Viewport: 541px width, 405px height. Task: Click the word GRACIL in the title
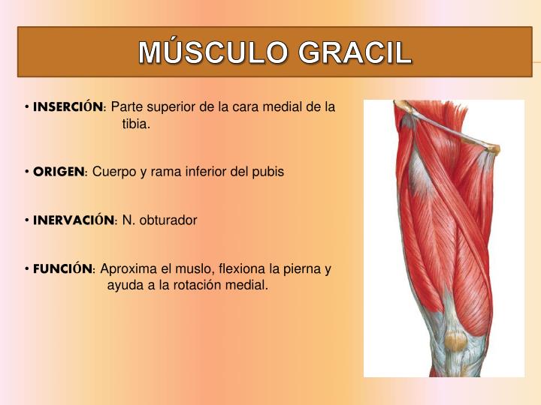click(x=355, y=52)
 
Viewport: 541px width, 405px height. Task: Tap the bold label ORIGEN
click(x=59, y=172)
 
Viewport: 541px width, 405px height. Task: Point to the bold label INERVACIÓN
click(x=74, y=220)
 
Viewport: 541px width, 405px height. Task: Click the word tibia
click(x=136, y=124)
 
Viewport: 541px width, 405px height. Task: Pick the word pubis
click(x=268, y=172)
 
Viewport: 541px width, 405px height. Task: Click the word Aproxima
click(x=128, y=268)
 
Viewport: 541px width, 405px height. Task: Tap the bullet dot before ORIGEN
click(x=27, y=172)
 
